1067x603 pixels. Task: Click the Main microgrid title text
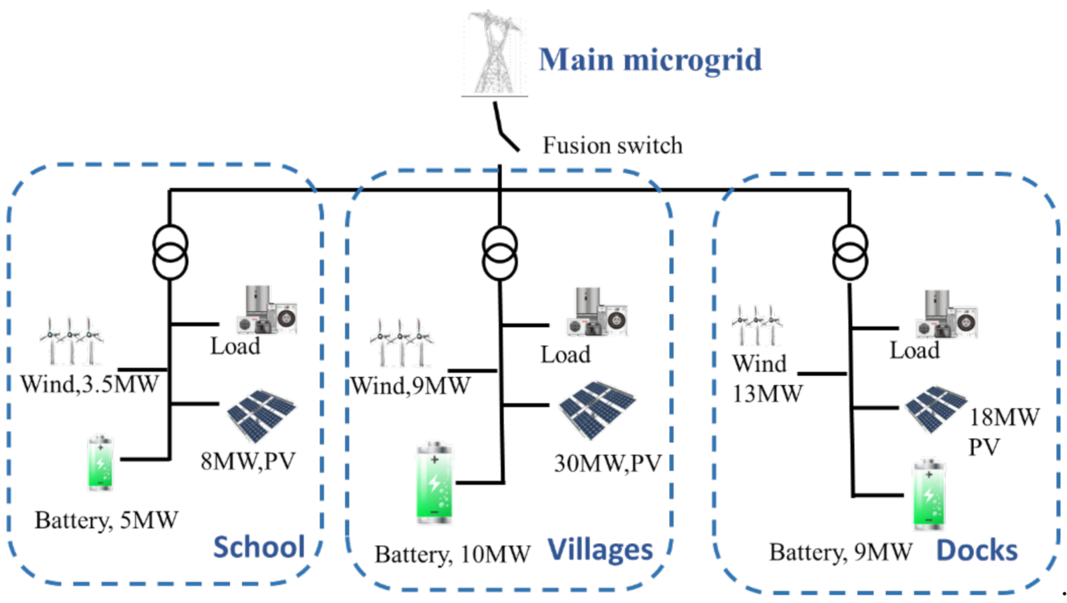pos(650,60)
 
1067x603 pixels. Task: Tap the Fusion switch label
pos(612,146)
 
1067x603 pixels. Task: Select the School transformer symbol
pos(170,252)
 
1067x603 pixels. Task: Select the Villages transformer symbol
pos(499,253)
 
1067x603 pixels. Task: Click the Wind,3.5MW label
pos(90,385)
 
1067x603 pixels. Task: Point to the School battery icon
pos(100,462)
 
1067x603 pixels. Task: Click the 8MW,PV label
pos(248,461)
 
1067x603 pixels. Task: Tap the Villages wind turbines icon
pos(401,343)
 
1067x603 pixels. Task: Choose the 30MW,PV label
pos(608,464)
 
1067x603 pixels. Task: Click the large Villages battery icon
pos(434,483)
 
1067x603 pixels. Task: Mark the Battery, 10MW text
pos(452,554)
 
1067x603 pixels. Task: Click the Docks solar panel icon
pos(935,408)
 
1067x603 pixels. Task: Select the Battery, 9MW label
pos(840,552)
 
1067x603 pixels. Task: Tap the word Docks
pos(977,550)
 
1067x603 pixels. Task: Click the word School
pos(259,547)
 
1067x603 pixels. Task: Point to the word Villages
pos(601,550)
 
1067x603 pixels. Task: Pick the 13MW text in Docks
pos(767,394)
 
